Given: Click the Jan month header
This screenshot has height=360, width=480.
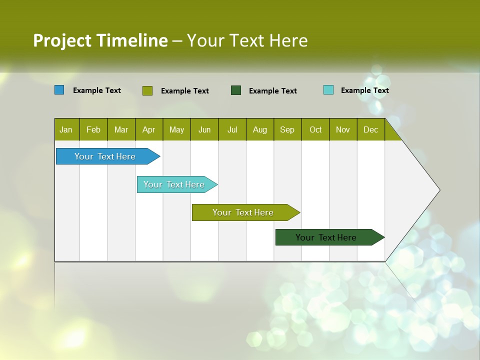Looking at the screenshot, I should [x=66, y=129].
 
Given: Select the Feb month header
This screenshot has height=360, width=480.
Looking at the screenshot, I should [x=93, y=129].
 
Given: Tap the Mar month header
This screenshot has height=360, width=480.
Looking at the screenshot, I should [x=121, y=129].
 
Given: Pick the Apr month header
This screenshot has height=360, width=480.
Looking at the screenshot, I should [x=149, y=129].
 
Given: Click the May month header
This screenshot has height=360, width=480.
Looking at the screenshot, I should [x=176, y=129].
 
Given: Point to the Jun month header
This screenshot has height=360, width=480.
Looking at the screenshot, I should [x=204, y=129].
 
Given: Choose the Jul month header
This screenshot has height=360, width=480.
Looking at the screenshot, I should [x=232, y=129].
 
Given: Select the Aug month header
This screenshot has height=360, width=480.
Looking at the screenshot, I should [x=260, y=129].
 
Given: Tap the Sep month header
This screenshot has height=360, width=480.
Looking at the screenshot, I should [x=287, y=129].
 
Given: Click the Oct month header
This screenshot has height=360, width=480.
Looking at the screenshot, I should [x=315, y=129].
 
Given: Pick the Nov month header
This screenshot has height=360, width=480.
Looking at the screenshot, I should [x=343, y=129].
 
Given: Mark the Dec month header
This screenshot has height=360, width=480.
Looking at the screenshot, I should [x=371, y=129].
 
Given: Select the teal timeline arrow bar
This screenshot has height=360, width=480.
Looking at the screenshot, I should [x=175, y=184].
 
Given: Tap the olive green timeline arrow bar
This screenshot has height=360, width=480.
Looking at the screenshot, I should [x=244, y=212].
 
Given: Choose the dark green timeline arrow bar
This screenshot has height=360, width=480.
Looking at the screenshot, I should [x=327, y=237].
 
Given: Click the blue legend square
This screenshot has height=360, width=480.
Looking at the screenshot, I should [x=59, y=90].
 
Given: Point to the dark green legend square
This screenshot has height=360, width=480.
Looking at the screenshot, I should [x=236, y=90].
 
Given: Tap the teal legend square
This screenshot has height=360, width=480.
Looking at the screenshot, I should [x=328, y=90].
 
